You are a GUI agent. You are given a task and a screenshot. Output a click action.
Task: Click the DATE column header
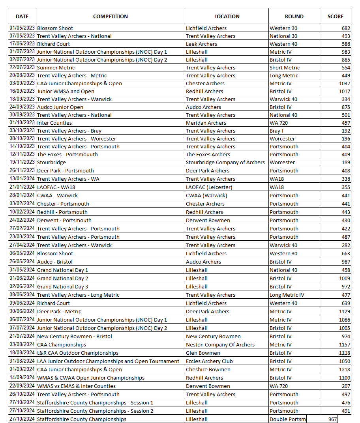[x=22, y=16]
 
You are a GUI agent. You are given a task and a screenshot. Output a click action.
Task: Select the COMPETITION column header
[x=110, y=16]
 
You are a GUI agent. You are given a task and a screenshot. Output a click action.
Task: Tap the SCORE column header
[x=335, y=16]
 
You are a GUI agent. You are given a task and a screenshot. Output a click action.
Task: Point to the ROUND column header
[x=294, y=16]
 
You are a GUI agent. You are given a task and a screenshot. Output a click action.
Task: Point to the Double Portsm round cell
[x=287, y=419]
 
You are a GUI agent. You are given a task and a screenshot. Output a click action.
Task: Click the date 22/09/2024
[x=22, y=386]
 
